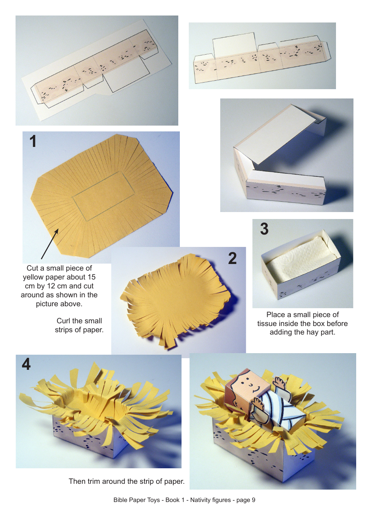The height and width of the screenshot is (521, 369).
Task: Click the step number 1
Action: click(33, 141)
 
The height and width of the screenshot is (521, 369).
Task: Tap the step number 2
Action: click(232, 259)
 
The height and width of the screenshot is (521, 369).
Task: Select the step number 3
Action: click(265, 229)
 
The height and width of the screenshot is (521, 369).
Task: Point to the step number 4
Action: click(26, 364)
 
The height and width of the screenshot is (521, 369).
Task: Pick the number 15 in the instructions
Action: click(91, 277)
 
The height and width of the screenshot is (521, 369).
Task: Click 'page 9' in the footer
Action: click(246, 500)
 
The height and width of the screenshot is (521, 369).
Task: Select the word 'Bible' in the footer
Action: click(121, 500)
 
